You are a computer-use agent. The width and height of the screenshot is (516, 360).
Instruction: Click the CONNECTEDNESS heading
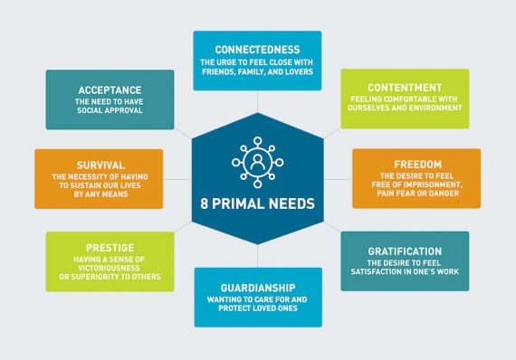coord(257,49)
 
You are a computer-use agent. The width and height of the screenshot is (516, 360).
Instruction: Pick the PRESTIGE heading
coord(97,247)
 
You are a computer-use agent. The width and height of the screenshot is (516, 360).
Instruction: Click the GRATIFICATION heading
coord(405,251)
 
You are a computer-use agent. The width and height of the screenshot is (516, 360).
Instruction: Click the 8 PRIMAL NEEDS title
coord(257,204)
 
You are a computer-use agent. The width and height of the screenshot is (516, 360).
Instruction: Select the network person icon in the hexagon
coord(258,161)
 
